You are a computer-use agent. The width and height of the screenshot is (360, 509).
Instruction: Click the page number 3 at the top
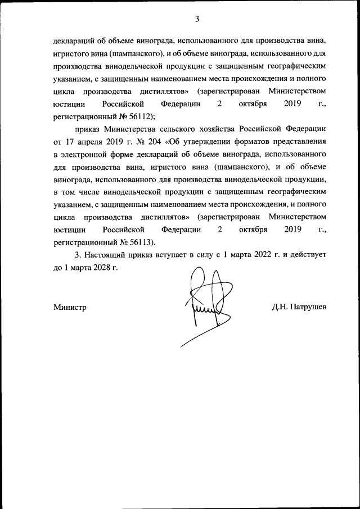click(x=197, y=19)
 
